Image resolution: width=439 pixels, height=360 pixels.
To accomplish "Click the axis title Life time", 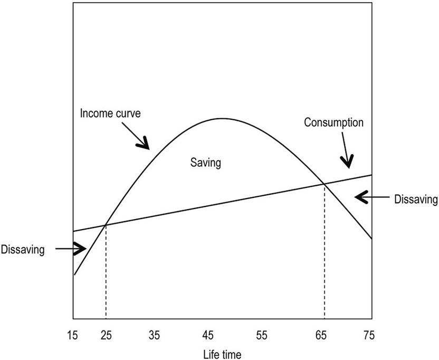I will [x=222, y=352].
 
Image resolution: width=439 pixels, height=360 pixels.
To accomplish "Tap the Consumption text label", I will [x=333, y=122].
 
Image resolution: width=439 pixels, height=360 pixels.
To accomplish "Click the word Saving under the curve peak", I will [x=205, y=163].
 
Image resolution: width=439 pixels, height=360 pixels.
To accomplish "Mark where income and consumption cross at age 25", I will [x=106, y=225].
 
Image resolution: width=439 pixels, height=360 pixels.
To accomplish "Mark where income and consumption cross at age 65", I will [x=324, y=184].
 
